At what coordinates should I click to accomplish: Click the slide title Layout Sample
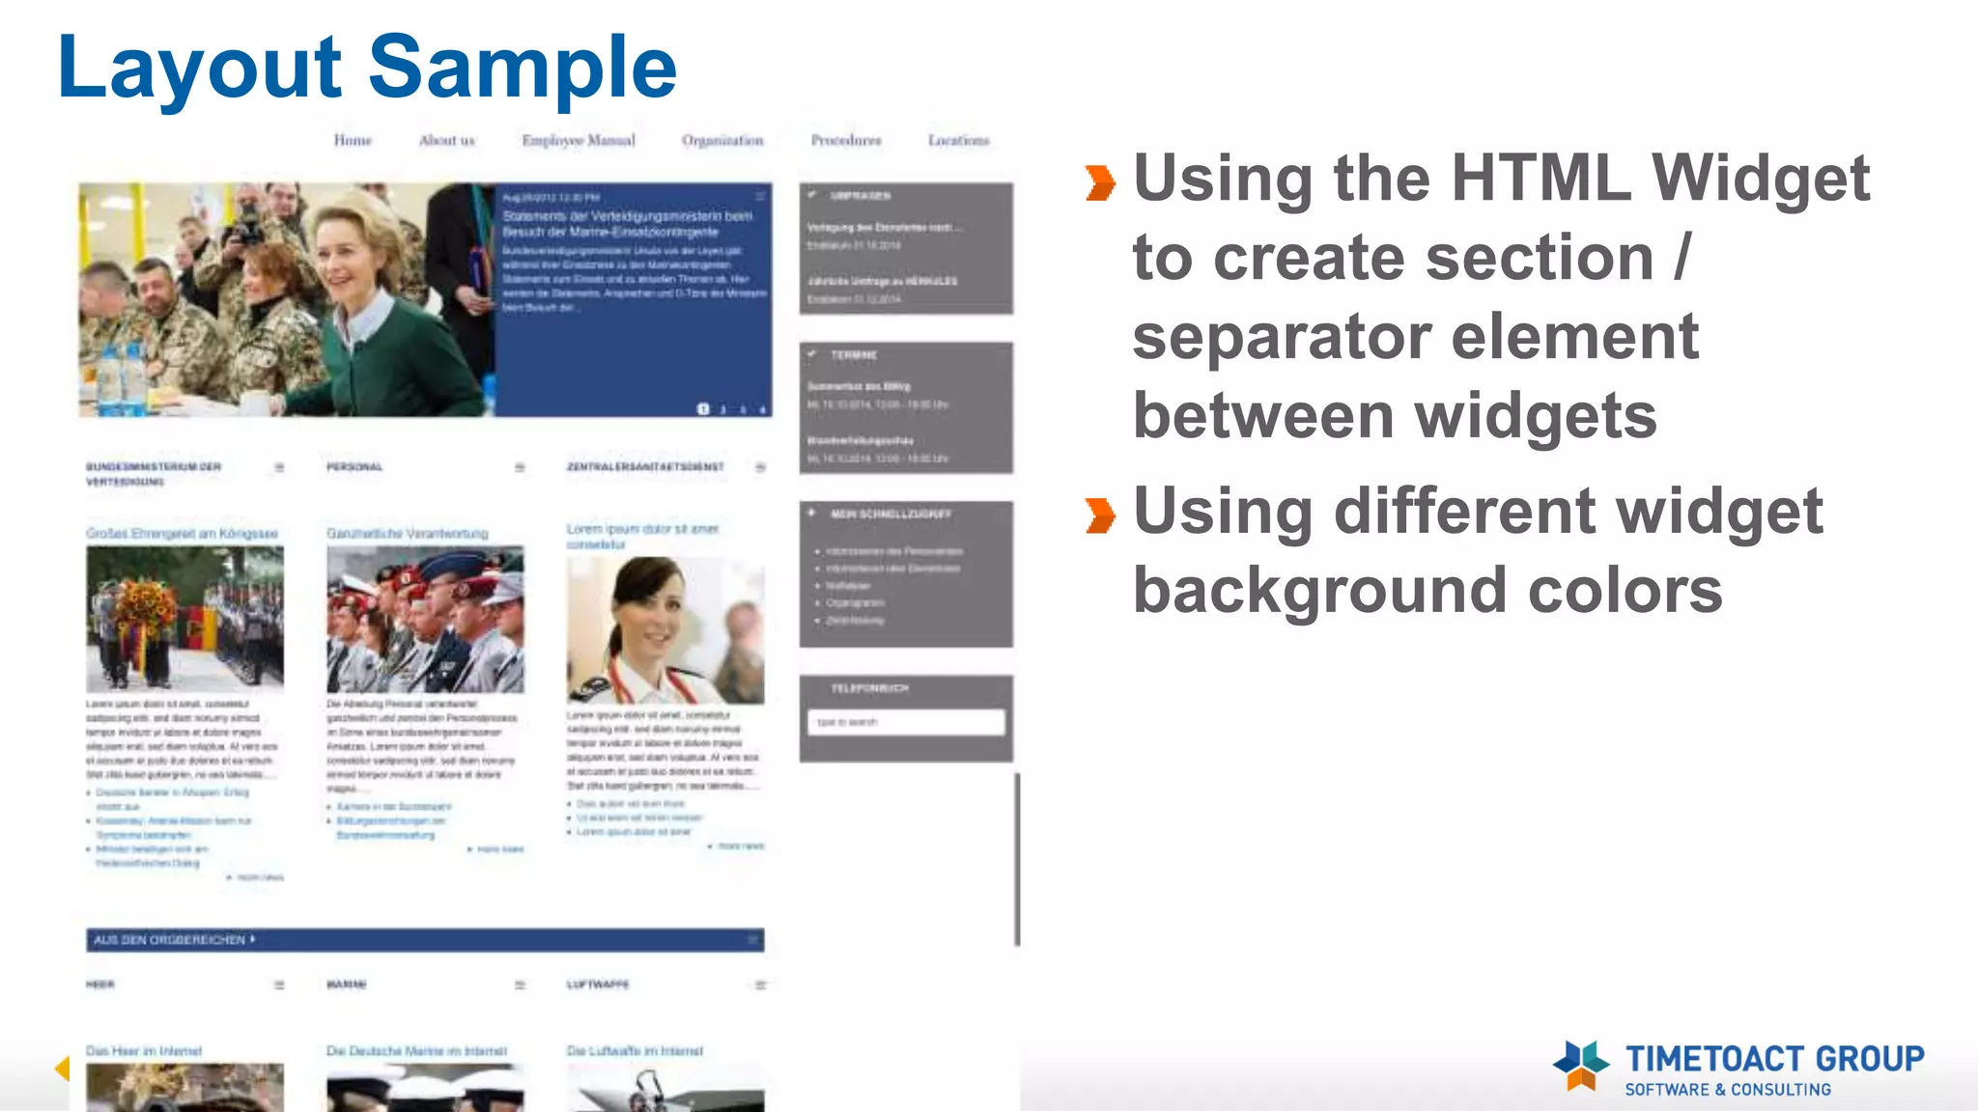click(x=367, y=68)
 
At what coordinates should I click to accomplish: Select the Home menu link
click(x=353, y=141)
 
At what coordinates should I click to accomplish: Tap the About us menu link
click(x=447, y=141)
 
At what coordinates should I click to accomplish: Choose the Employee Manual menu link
click(x=579, y=141)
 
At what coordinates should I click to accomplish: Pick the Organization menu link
click(x=722, y=141)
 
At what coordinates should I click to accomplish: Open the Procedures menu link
click(x=846, y=141)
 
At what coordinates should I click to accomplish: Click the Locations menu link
click(x=959, y=141)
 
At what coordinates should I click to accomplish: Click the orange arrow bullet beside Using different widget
click(x=1100, y=514)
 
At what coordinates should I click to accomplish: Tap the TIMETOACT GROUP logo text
click(x=1774, y=1060)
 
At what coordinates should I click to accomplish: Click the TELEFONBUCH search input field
click(x=905, y=722)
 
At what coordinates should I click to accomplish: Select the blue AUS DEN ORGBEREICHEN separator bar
click(x=425, y=939)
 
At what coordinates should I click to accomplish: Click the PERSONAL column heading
click(x=354, y=467)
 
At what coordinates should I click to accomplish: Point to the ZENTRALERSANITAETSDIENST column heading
click(x=645, y=467)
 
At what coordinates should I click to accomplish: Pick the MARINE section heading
click(x=347, y=985)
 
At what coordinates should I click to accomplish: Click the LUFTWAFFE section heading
click(x=598, y=985)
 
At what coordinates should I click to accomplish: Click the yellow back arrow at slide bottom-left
click(x=63, y=1068)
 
